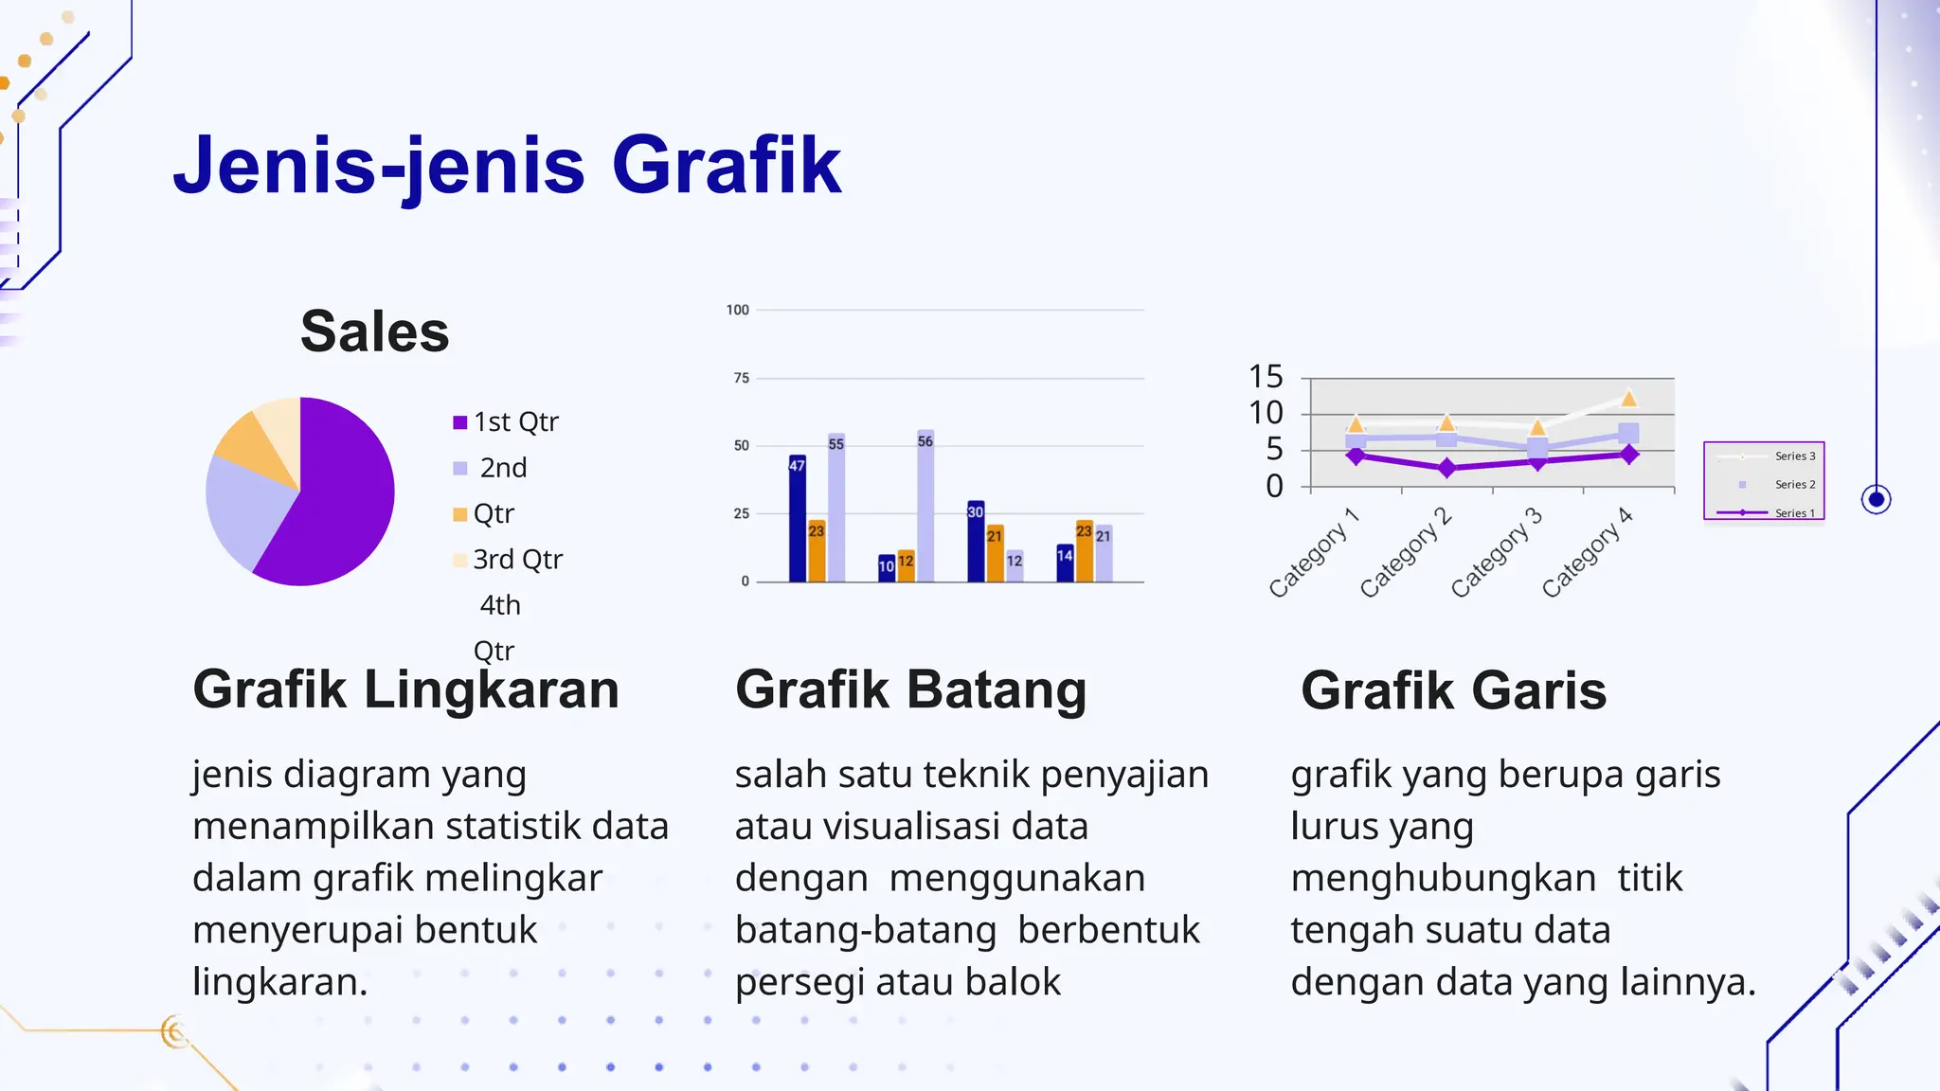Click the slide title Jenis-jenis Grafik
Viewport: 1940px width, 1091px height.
coord(507,166)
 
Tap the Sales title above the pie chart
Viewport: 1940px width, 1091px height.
coord(374,331)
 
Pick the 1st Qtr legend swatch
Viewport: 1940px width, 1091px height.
coord(460,422)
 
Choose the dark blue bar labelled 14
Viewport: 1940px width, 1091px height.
coord(1065,563)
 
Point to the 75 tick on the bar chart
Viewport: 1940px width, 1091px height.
coord(741,378)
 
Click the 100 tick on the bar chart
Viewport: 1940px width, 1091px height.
coord(737,310)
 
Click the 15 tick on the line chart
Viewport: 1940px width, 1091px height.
coord(1266,377)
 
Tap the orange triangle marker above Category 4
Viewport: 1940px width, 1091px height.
coord(1628,399)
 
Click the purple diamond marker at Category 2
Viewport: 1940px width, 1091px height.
coord(1446,468)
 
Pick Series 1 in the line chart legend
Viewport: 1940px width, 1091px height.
coord(1794,513)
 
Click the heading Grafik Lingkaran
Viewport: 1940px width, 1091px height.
coord(405,689)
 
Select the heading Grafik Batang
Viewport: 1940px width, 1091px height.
coord(910,689)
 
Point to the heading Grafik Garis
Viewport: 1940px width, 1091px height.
coord(1453,690)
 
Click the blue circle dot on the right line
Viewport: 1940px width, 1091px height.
coord(1876,499)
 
